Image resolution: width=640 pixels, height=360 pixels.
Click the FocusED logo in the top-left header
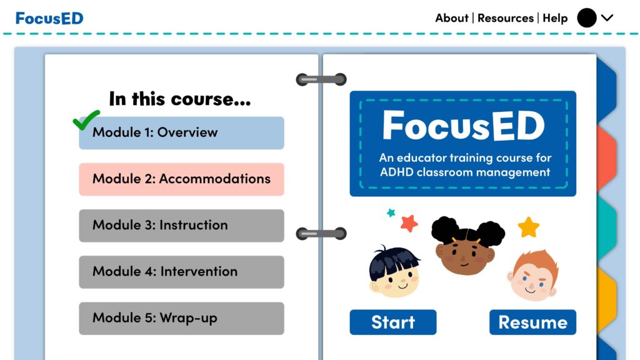49,18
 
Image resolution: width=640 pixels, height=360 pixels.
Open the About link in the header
451,18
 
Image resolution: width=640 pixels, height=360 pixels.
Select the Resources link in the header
505,18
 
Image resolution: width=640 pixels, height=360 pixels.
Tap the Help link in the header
555,18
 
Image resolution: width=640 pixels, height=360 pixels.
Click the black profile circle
586,18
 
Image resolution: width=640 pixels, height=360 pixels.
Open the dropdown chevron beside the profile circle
607,18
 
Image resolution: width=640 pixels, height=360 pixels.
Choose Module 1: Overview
182,132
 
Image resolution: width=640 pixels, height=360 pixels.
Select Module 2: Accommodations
182,179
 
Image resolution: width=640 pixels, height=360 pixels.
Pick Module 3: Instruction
182,225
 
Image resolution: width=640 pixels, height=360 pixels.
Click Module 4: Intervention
182,272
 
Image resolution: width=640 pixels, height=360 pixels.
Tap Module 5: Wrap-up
182,318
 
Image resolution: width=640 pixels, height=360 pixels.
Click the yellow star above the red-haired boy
529,227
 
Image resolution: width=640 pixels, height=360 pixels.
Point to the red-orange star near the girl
409,223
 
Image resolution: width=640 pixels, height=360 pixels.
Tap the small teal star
391,212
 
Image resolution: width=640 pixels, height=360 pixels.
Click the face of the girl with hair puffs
465,255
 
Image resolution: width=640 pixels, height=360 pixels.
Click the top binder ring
321,79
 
